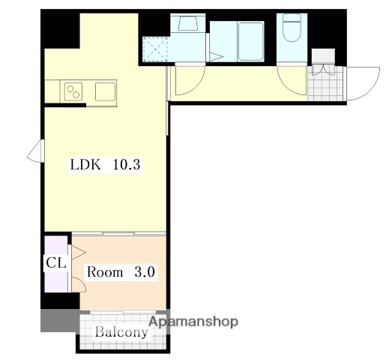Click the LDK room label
[85, 165]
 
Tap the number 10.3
[127, 165]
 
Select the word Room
[105, 272]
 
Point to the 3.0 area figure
[145, 272]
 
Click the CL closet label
[56, 262]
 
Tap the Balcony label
[121, 332]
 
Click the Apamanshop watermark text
[193, 322]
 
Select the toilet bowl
[292, 28]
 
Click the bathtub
[250, 41]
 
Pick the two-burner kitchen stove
[73, 91]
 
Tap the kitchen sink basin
[105, 91]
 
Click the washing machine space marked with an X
[155, 49]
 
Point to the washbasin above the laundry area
[188, 22]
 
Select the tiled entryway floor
[326, 83]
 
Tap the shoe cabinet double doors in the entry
[323, 70]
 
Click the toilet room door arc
[287, 86]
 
